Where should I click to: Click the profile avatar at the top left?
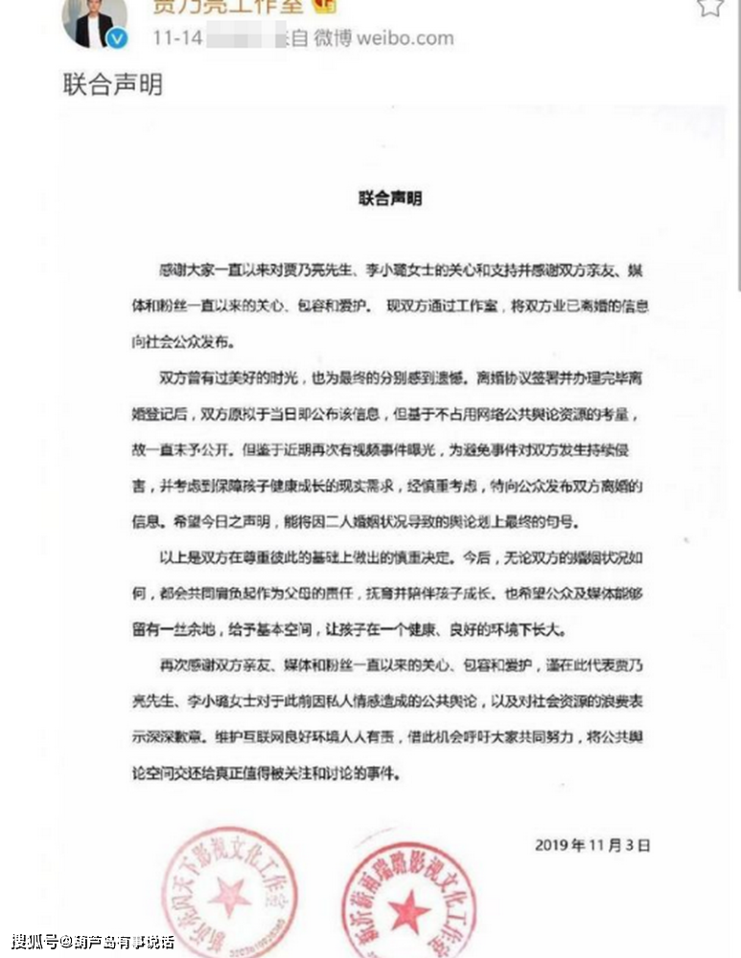pos(94,21)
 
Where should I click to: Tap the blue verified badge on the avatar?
pos(116,39)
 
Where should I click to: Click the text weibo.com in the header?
pos(404,39)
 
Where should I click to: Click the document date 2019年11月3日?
pos(592,845)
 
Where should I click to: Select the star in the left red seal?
pos(229,896)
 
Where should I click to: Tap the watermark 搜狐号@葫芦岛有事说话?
pos(92,940)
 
